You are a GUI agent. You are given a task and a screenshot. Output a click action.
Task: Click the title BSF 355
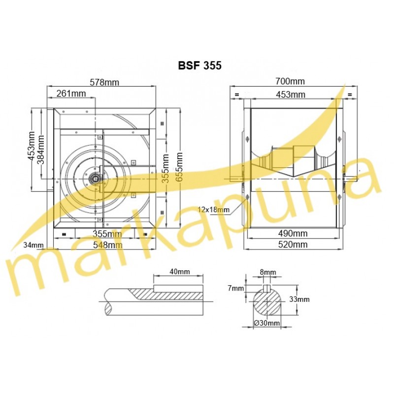coord(200,66)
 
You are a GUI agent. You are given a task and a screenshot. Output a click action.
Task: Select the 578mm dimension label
coord(104,82)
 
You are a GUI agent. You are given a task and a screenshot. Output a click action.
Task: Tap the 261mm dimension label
coord(71,94)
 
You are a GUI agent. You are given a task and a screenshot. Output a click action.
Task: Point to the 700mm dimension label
coord(290,81)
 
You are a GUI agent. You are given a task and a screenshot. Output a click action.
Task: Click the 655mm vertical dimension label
coord(179,167)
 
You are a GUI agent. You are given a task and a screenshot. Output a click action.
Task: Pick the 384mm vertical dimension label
coord(40,150)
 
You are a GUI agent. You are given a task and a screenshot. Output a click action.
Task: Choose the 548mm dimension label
coord(107,245)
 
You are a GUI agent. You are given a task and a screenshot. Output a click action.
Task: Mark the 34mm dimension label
coord(33,245)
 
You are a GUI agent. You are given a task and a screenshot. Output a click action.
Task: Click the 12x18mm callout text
coord(214,209)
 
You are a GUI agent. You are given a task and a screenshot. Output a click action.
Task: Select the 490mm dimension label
coord(293,233)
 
